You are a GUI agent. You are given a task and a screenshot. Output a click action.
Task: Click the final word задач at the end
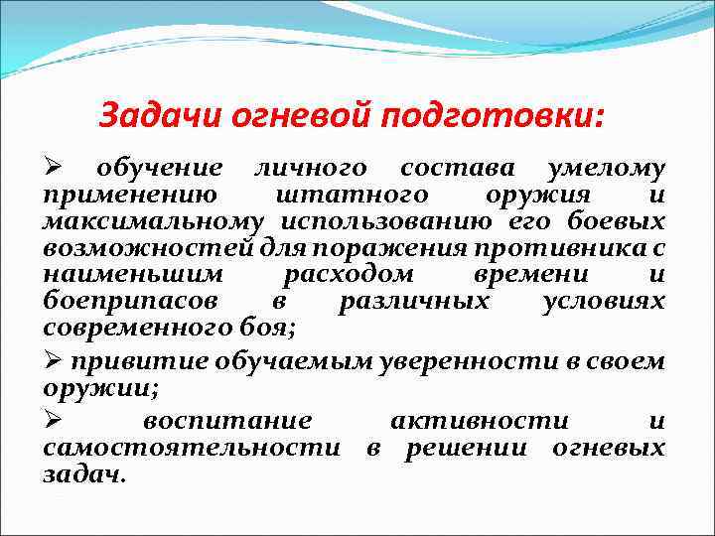(83, 474)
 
